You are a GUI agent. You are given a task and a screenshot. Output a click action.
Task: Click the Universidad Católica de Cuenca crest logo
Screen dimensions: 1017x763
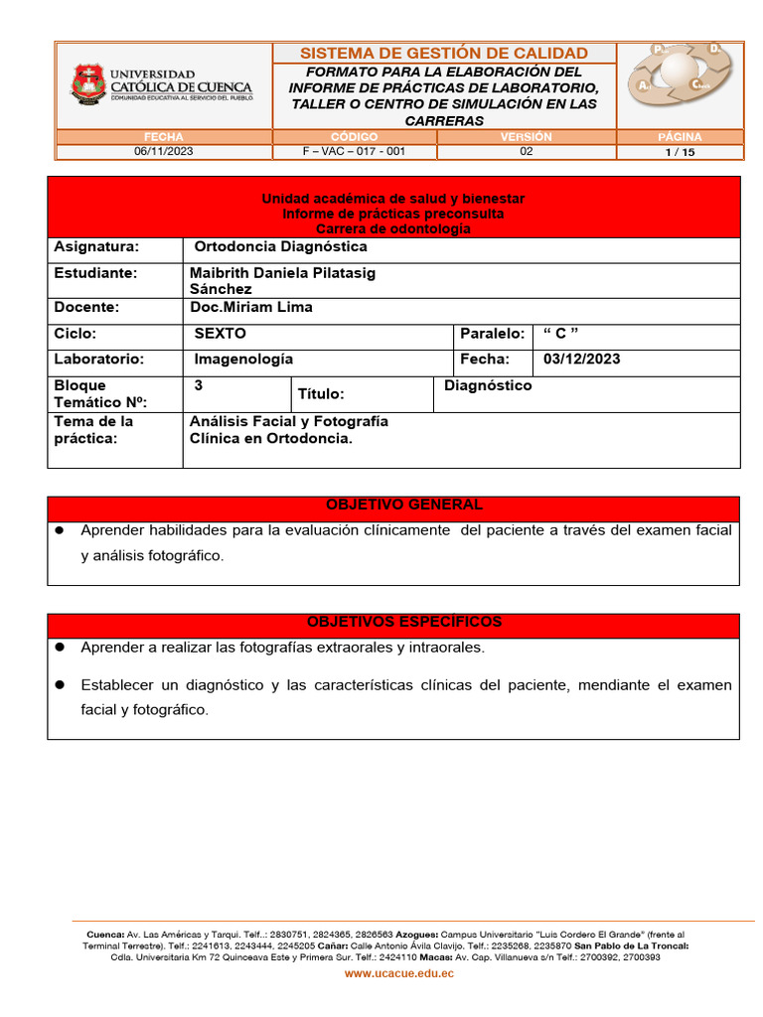pyautogui.click(x=86, y=84)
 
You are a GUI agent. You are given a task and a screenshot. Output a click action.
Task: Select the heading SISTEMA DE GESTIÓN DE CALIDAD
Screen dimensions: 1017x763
pyautogui.click(x=443, y=53)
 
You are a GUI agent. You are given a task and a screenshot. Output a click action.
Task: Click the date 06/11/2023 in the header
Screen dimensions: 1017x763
pyautogui.click(x=163, y=152)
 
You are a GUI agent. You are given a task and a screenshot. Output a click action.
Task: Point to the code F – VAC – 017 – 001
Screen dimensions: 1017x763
pyautogui.click(x=354, y=152)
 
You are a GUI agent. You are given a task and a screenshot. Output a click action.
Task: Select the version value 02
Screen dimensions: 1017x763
pyautogui.click(x=527, y=152)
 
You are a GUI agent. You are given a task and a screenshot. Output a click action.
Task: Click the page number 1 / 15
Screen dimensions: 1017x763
pyautogui.click(x=680, y=152)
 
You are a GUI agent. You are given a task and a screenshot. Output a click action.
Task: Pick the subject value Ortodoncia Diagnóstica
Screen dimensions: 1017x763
pyautogui.click(x=280, y=246)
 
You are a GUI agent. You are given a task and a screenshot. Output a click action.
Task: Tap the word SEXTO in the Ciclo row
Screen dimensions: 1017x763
pyautogui.click(x=220, y=334)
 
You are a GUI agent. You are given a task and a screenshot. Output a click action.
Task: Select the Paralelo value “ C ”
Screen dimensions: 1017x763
pyautogui.click(x=561, y=334)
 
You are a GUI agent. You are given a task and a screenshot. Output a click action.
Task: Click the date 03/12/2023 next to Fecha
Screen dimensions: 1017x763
pyautogui.click(x=582, y=359)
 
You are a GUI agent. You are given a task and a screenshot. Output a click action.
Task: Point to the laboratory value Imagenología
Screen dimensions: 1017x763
pyautogui.click(x=243, y=359)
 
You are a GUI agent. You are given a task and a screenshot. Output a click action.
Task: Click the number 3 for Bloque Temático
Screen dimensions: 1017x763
pyautogui.click(x=199, y=385)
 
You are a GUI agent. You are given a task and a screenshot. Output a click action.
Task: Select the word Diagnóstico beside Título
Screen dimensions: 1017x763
pyautogui.click(x=488, y=385)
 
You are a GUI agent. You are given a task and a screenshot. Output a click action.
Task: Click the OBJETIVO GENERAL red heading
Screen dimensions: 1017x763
pyautogui.click(x=393, y=505)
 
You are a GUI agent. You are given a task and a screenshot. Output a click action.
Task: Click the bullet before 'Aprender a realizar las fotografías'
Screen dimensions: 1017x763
pyautogui.click(x=60, y=647)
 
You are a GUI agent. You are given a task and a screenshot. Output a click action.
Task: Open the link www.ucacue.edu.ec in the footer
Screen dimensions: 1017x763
pyautogui.click(x=399, y=974)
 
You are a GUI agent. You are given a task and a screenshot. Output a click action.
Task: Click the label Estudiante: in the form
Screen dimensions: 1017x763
pyautogui.click(x=96, y=272)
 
